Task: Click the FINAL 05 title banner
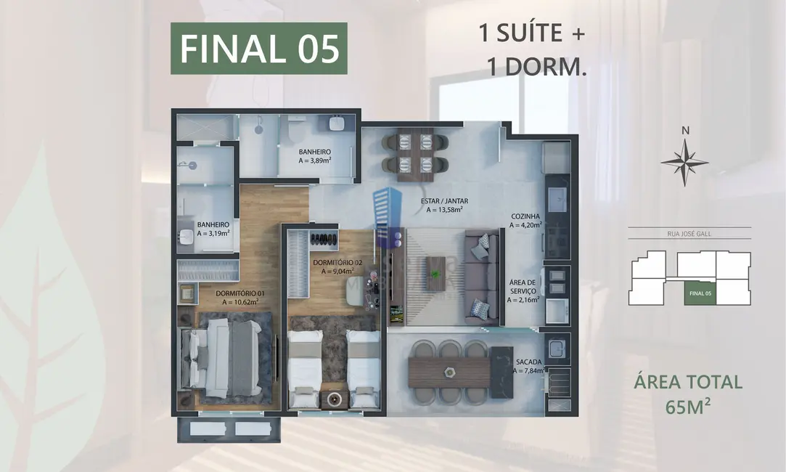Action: tap(259, 49)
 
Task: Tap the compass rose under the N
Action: tap(684, 161)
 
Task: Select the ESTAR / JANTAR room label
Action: tap(443, 206)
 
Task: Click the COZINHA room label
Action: tap(524, 221)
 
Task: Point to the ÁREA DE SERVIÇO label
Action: tap(523, 290)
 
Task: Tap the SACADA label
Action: tap(528, 366)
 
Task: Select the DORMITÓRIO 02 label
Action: tap(337, 266)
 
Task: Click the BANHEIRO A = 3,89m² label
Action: tap(315, 157)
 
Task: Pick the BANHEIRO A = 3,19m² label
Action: tap(213, 229)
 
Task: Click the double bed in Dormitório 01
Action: tap(224, 359)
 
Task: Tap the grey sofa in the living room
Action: tap(481, 277)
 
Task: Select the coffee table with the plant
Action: tap(435, 272)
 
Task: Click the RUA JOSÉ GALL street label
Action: tap(689, 234)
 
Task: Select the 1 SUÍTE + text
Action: tap(532, 33)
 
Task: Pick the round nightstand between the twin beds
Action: tap(335, 398)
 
